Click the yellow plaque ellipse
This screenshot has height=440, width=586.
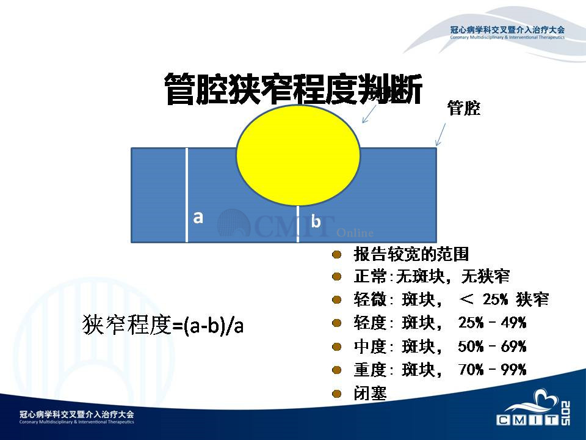point(298,155)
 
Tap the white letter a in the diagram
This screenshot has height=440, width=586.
point(198,217)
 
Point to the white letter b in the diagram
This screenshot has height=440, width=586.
point(316,221)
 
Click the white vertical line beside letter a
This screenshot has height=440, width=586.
point(187,195)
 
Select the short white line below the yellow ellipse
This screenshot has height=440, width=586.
point(298,224)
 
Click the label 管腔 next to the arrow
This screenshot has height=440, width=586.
point(464,108)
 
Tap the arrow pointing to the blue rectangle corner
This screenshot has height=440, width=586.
point(441,134)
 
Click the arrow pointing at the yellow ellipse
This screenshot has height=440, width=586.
point(369,114)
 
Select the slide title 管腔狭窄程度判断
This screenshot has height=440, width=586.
point(294,89)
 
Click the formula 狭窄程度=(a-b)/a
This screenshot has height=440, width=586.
point(163,324)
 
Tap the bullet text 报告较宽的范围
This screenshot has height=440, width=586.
point(411,254)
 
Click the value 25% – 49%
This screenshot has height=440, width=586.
point(492,323)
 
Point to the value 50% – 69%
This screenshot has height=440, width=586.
point(492,346)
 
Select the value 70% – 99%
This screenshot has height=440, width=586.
point(492,370)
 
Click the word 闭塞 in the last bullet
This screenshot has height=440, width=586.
point(370,394)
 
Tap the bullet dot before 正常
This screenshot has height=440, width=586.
point(337,277)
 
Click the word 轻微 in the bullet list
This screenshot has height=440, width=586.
point(370,299)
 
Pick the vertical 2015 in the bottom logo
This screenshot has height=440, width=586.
point(565,413)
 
